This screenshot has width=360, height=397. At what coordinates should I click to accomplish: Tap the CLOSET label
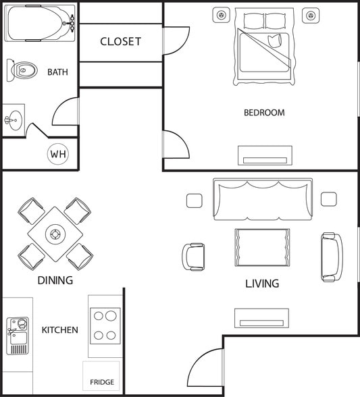pos(121,41)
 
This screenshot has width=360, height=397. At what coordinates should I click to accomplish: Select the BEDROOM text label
pos(264,113)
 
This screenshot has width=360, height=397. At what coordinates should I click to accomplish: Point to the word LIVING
pos(262,284)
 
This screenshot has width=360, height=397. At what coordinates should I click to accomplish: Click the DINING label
pos(55,280)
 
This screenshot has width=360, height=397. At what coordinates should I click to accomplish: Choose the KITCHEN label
pos(60,330)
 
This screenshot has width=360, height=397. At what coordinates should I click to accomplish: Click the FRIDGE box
pos(102,377)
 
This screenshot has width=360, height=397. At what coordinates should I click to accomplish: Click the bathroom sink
pos(13,121)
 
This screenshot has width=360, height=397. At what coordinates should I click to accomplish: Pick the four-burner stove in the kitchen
pos(105,325)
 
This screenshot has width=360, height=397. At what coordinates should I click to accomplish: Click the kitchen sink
pos(18,336)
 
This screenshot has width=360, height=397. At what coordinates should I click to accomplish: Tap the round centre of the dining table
pos(55,234)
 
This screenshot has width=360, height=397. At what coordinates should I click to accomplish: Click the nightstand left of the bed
pos(222,15)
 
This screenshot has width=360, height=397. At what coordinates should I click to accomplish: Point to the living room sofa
pos(263,199)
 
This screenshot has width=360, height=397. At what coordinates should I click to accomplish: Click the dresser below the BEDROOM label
pos(265,155)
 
